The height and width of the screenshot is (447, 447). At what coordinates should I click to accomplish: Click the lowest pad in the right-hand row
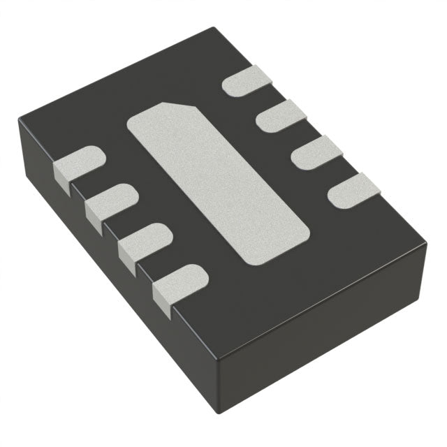pos(353,191)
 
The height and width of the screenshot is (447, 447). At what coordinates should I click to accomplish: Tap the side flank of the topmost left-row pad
pos(62,179)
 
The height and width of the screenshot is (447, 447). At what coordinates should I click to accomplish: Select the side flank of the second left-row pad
pos(94,217)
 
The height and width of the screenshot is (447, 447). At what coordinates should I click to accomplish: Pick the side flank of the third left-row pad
pos(126,258)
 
